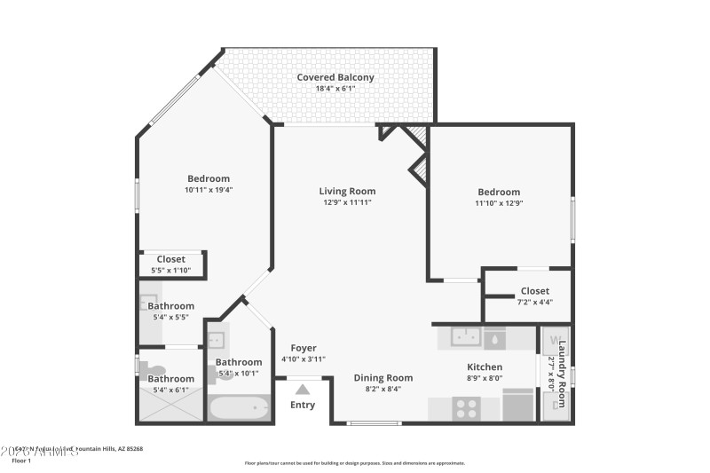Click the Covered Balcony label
pos(335,77)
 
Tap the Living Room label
pos(347,191)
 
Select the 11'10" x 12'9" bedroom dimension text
pos(499,203)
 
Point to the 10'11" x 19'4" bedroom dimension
pos(208,189)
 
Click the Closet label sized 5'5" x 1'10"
pos(170,259)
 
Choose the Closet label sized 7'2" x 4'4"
pos(534,290)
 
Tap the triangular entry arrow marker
pos(303,389)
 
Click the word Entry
pos(303,405)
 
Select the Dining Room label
pos(383,377)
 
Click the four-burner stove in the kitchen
pos(466,408)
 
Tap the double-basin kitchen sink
pos(466,337)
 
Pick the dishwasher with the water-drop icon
pos(495,338)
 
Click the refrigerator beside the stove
pos(518,405)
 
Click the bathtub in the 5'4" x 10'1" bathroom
pos(238,407)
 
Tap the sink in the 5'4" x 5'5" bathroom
pos(148,302)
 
